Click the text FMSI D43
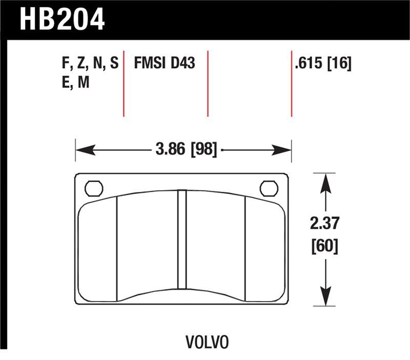[x=165, y=64]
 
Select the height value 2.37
[x=324, y=224]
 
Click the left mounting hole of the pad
[x=94, y=188]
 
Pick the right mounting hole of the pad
[x=269, y=188]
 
